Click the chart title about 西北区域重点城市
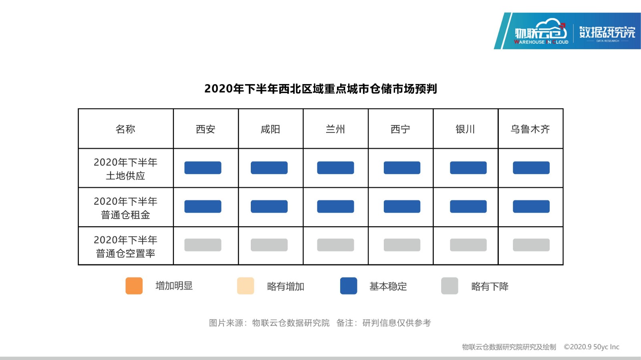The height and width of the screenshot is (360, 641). [x=320, y=88]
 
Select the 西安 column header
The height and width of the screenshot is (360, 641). [x=206, y=129]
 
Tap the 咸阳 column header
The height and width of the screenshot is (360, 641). [x=270, y=129]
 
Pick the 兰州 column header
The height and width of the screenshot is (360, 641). [x=335, y=129]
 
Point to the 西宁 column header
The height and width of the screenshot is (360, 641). [x=400, y=129]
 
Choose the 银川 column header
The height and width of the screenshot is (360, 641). [x=465, y=129]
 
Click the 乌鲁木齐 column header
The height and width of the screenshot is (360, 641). [x=530, y=129]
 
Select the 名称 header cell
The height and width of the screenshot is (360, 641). [x=125, y=129]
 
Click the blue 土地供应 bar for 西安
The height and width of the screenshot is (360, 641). [x=203, y=167]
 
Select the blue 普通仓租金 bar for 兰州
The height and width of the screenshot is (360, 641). [x=335, y=207]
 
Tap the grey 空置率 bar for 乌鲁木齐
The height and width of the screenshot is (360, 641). [x=531, y=245]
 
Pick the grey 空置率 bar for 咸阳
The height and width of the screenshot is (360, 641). [x=269, y=245]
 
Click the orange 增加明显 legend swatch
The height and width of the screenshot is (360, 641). [x=134, y=286]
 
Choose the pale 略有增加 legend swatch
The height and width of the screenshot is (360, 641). [x=246, y=286]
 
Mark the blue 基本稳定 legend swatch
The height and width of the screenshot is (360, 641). [x=349, y=286]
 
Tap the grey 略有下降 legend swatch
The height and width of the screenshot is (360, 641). [x=450, y=286]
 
